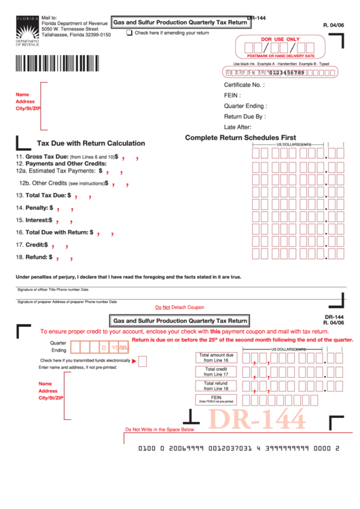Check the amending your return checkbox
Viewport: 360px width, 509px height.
tap(130, 33)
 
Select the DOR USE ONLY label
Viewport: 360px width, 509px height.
tap(280, 39)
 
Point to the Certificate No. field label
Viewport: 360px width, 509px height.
tap(244, 85)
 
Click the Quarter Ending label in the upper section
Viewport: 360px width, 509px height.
tap(245, 106)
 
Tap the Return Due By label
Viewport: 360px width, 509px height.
tap(245, 116)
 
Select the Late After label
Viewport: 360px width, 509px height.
tap(238, 127)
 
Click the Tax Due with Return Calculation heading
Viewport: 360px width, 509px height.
tap(90, 143)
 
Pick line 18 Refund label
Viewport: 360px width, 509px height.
tap(34, 257)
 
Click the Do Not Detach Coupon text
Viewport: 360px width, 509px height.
tap(179, 307)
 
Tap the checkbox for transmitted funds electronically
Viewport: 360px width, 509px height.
tap(142, 361)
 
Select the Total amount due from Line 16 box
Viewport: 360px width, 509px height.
tap(216, 358)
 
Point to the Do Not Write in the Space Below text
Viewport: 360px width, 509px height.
tap(159, 429)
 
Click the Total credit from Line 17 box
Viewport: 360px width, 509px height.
tap(216, 372)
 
